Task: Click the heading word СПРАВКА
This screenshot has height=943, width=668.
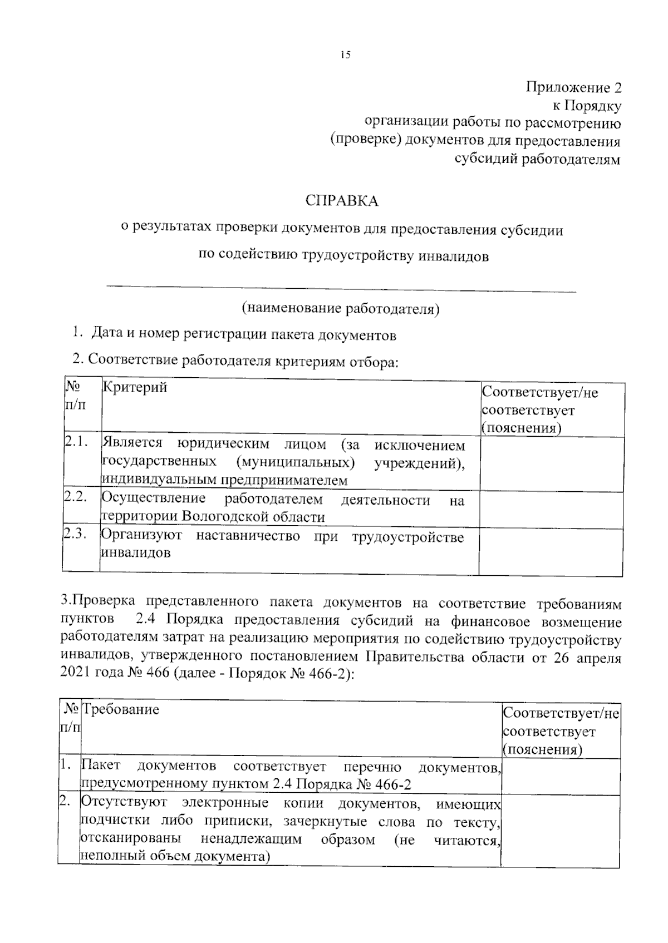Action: pyautogui.click(x=342, y=201)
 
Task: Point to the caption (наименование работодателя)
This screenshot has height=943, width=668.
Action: pyautogui.click(x=340, y=309)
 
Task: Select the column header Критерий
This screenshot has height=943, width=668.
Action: pyautogui.click(x=134, y=387)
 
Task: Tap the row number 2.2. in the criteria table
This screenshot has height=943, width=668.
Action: pyautogui.click(x=76, y=497)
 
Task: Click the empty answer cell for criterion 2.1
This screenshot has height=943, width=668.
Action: pyautogui.click(x=551, y=465)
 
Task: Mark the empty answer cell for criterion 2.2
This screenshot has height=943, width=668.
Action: pyautogui.click(x=551, y=510)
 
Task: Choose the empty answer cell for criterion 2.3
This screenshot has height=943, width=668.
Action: pyautogui.click(x=551, y=552)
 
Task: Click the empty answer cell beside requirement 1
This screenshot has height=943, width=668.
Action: pyautogui.click(x=561, y=776)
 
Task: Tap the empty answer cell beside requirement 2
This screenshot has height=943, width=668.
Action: pyautogui.click(x=561, y=831)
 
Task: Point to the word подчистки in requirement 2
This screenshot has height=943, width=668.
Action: pyautogui.click(x=115, y=821)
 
